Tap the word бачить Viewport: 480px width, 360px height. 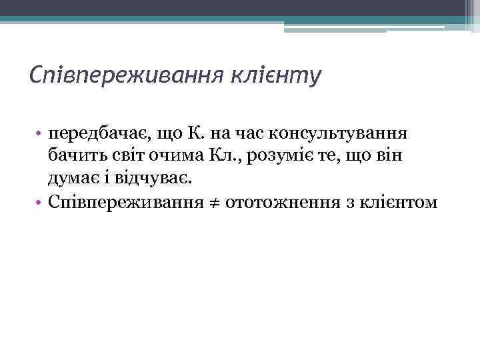tap(74, 156)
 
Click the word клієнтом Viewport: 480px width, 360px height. tap(404, 202)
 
